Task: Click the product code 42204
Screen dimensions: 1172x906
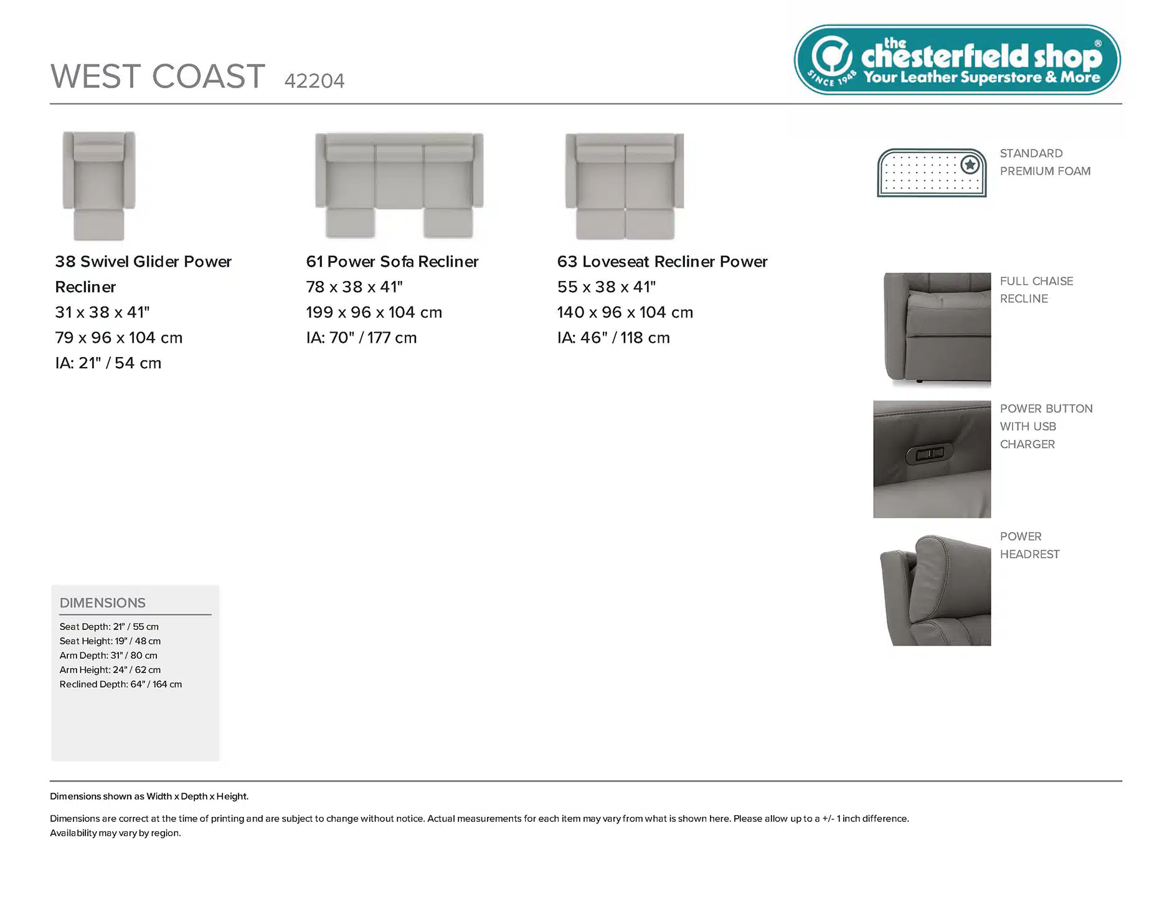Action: [314, 81]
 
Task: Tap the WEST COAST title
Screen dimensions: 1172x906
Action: [158, 77]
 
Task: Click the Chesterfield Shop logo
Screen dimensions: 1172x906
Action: [957, 60]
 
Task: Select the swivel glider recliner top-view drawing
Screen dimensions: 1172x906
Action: [99, 186]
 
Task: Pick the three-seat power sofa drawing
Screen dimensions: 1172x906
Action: [399, 185]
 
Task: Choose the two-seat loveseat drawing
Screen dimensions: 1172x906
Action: [625, 186]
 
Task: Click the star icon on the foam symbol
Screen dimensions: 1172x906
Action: [970, 165]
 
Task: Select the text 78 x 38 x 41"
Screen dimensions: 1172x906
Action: [354, 287]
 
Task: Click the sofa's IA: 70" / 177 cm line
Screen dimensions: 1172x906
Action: [361, 338]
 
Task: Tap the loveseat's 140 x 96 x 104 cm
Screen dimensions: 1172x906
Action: [625, 312]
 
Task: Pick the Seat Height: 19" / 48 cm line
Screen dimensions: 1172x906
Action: [110, 641]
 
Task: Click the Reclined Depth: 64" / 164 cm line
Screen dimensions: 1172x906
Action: [121, 684]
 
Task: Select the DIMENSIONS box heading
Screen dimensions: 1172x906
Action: [103, 603]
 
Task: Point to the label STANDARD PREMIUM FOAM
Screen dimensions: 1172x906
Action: [1045, 162]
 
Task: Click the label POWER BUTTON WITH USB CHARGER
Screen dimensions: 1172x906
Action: [1046, 426]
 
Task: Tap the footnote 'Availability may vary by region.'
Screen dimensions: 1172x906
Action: [115, 833]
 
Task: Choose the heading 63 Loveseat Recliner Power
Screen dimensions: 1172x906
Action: [662, 262]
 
